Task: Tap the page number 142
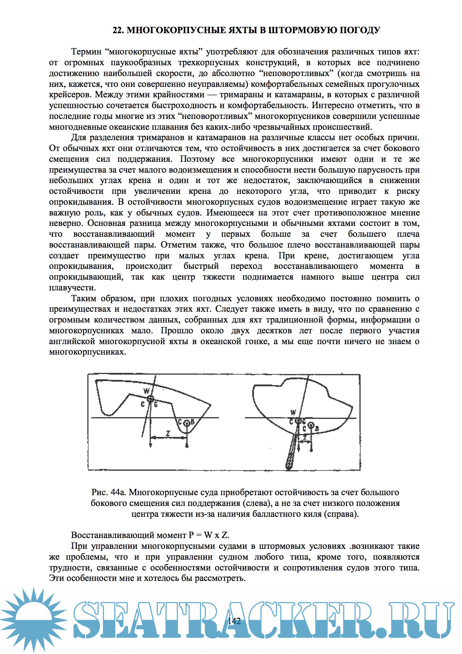tap(234, 621)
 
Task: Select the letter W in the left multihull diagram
tap(147, 391)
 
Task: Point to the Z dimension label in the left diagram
tap(168, 434)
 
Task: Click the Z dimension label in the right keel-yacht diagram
tap(305, 436)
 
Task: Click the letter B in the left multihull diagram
tap(193, 422)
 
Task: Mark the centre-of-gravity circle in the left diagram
tap(150, 399)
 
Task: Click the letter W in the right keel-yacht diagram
tap(293, 412)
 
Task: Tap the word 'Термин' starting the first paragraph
tap(86, 51)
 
